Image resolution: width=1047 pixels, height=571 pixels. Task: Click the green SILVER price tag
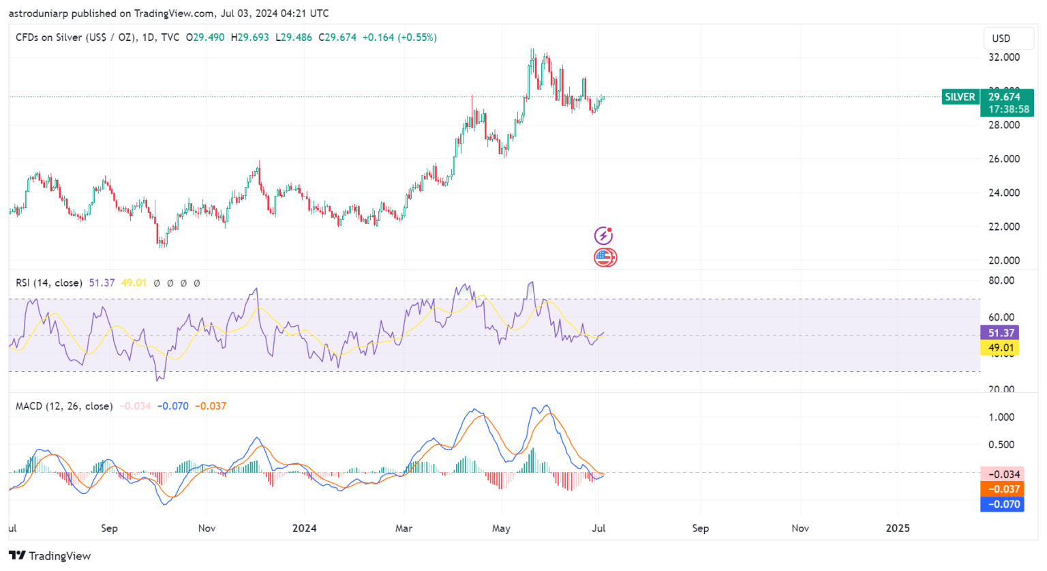coord(960,97)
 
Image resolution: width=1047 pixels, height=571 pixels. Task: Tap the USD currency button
coord(1001,38)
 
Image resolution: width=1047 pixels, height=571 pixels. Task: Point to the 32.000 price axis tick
coord(1004,57)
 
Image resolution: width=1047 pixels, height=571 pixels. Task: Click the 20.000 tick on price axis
coord(1004,261)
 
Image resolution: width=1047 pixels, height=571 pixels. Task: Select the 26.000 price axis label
coord(1004,159)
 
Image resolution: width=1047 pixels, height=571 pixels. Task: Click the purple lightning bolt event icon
coord(603,236)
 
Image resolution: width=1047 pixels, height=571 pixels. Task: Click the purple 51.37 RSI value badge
coord(1001,333)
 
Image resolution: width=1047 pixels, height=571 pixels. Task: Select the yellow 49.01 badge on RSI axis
coord(1001,348)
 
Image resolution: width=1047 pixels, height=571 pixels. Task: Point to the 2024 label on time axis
coord(304,528)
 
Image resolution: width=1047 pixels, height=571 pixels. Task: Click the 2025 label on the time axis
coord(897,528)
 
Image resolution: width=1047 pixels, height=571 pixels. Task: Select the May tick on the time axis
coord(501,528)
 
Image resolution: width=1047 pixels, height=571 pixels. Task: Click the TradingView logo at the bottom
coord(50,556)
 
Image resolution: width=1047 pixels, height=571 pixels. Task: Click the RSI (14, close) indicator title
coord(49,282)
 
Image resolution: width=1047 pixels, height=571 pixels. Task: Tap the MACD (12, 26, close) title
coord(64,406)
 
